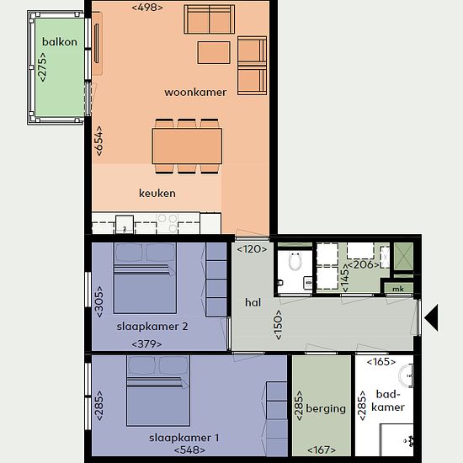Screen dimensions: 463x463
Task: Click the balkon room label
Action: click(x=60, y=41)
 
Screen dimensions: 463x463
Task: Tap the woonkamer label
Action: click(x=195, y=92)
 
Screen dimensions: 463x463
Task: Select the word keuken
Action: click(x=157, y=193)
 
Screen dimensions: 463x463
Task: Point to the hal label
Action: click(x=253, y=302)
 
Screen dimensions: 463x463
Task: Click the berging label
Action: click(x=326, y=408)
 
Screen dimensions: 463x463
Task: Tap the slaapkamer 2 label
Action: click(x=152, y=327)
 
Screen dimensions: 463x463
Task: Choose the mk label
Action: click(x=398, y=289)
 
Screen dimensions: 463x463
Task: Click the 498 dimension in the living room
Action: click(x=147, y=8)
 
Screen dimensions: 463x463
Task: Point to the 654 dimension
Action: click(x=99, y=141)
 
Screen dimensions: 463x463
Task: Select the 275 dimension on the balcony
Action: click(x=42, y=67)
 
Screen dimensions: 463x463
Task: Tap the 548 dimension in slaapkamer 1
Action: click(x=189, y=450)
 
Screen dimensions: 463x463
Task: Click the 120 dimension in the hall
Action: click(x=252, y=249)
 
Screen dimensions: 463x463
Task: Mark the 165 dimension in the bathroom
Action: click(x=381, y=362)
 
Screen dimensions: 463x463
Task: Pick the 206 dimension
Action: click(x=363, y=264)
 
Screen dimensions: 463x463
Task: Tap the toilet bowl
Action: click(x=295, y=261)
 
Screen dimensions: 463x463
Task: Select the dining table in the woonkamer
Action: click(x=187, y=146)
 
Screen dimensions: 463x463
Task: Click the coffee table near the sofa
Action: click(x=214, y=52)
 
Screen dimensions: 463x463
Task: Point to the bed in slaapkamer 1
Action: click(x=158, y=391)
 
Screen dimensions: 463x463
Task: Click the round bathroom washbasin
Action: click(x=406, y=375)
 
